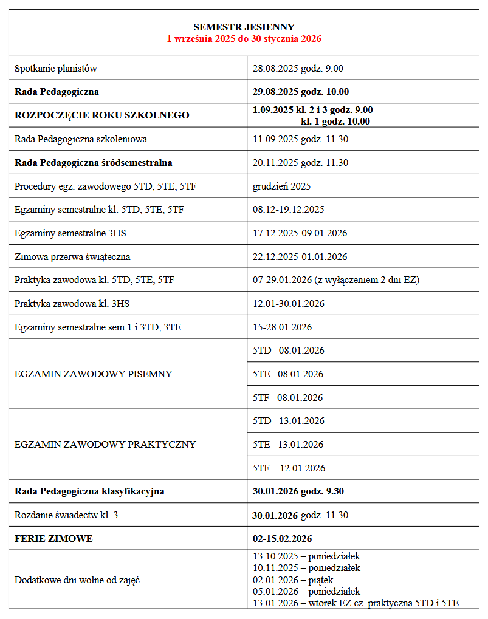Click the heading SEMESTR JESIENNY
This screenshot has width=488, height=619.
(244, 27)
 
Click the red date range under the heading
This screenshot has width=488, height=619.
(244, 38)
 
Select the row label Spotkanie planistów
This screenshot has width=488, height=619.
(56, 69)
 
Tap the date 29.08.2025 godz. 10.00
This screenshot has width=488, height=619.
(301, 92)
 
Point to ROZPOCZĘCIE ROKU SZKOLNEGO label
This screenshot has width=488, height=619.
(102, 115)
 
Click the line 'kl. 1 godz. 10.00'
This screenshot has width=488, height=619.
(335, 121)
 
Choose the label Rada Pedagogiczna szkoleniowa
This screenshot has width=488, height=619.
(81, 139)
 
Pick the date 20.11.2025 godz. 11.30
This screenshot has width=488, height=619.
(300, 163)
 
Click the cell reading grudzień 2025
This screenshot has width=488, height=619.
(281, 186)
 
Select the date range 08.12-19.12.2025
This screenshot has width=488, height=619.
(289, 210)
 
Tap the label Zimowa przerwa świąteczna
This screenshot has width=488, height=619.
(72, 257)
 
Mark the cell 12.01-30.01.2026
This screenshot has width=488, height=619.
(289, 304)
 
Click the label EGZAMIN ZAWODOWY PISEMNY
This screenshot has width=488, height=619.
(94, 374)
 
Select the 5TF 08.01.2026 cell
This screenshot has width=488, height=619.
(288, 398)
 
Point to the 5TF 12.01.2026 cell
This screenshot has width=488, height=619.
(289, 468)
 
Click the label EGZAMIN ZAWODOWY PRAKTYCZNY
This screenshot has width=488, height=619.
(105, 445)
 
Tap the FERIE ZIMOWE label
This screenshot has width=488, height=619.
(54, 539)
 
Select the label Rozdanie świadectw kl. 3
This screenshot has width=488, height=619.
(66, 515)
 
